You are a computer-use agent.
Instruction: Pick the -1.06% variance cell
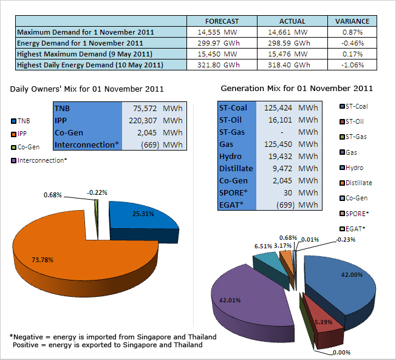coord(352,64)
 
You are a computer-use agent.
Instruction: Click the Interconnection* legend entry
coord(39,160)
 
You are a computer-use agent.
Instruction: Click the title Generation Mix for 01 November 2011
coord(296,89)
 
